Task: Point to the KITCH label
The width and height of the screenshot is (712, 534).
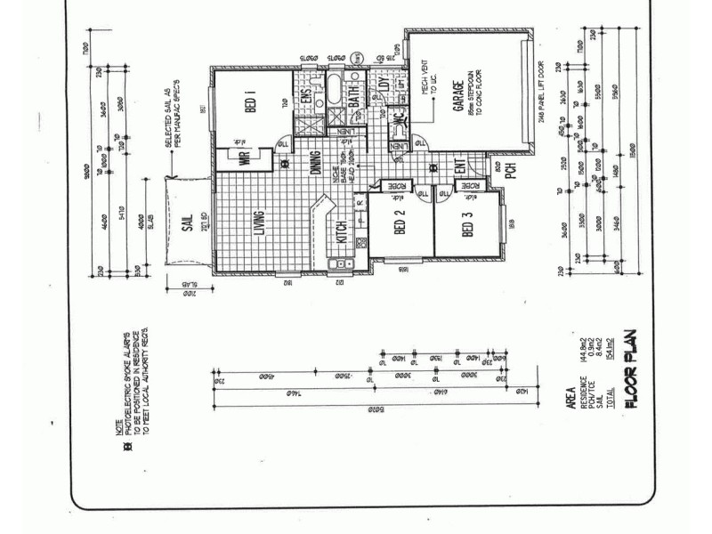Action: point(342,235)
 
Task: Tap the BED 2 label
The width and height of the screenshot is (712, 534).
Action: point(400,228)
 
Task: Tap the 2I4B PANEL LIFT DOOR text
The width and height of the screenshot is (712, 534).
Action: point(542,95)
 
